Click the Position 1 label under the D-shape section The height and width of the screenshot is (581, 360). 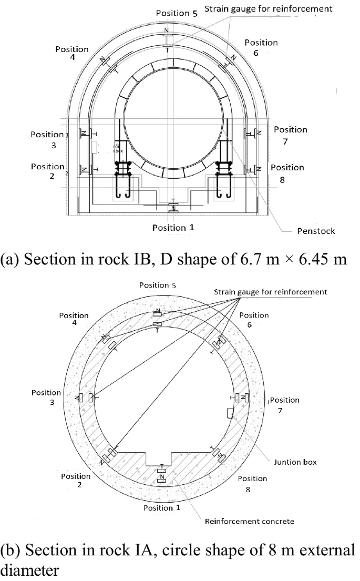pyautogui.click(x=169, y=228)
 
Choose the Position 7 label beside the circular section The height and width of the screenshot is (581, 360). pyautogui.click(x=284, y=405)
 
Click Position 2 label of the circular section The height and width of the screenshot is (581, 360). pyautogui.click(x=76, y=481)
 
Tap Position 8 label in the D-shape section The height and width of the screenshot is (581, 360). pyautogui.click(x=287, y=173)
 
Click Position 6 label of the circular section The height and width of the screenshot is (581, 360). pyautogui.click(x=253, y=320)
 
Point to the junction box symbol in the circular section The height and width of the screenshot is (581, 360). pyautogui.click(x=230, y=413)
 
